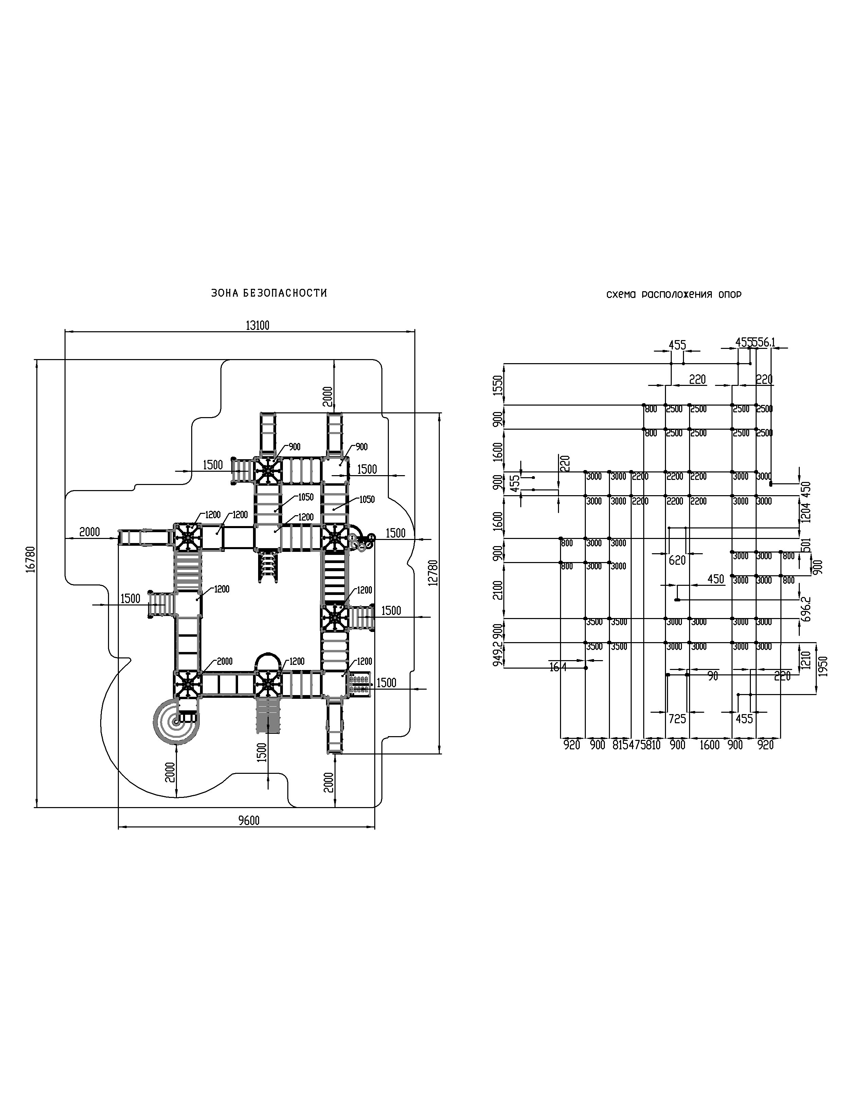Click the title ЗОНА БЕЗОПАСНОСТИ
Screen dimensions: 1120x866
[269, 293]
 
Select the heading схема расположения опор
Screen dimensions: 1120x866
[674, 295]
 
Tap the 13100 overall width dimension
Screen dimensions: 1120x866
[257, 325]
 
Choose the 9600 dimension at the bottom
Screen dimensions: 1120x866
[249, 821]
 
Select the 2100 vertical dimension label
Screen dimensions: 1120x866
[497, 590]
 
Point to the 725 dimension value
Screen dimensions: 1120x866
[677, 719]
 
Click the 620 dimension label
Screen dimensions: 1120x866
[677, 561]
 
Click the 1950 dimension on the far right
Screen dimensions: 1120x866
[824, 666]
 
